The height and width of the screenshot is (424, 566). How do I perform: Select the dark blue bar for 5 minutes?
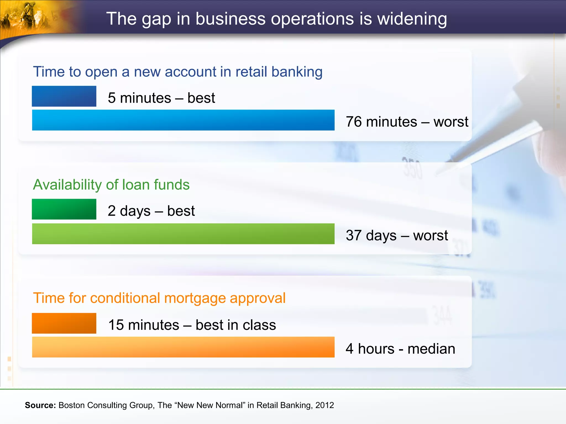pyautogui.click(x=64, y=96)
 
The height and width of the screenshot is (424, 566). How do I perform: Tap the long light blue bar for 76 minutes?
pyautogui.click(x=183, y=120)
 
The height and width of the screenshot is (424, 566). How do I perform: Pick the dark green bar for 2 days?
pyautogui.click(x=64, y=209)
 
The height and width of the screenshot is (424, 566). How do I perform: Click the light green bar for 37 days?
pyautogui.click(x=183, y=234)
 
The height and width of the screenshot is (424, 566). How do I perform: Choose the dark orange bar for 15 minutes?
pyautogui.click(x=64, y=323)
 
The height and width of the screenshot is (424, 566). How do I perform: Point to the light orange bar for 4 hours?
pyautogui.click(x=183, y=347)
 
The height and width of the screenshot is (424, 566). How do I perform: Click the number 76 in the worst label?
pyautogui.click(x=354, y=122)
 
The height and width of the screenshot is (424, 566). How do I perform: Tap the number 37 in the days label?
pyautogui.click(x=354, y=235)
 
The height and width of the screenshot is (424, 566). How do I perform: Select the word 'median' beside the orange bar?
pyautogui.click(x=431, y=349)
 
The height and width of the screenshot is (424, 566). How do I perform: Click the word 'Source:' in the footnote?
pyautogui.click(x=40, y=405)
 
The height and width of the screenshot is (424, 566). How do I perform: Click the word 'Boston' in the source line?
pyautogui.click(x=72, y=405)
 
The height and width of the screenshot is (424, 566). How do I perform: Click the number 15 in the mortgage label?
pyautogui.click(x=116, y=325)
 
